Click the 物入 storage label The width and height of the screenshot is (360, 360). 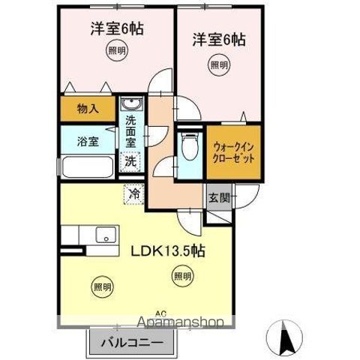click(x=88, y=109)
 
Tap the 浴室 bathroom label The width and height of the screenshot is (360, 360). click(x=88, y=141)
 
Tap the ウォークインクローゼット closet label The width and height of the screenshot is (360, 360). click(x=233, y=153)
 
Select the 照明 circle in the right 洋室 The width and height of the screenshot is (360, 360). click(x=217, y=65)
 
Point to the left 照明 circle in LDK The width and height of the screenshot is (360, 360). click(x=103, y=285)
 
